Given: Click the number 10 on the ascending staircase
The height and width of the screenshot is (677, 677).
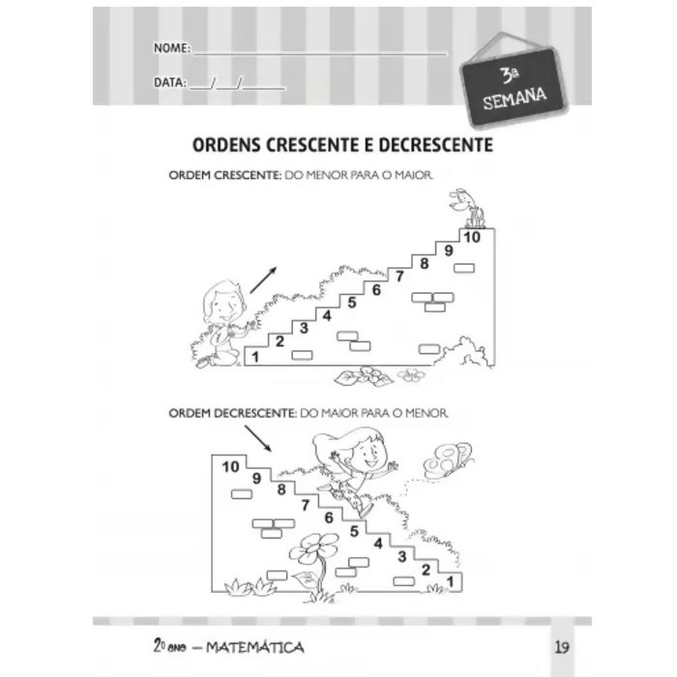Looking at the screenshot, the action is point(472,237).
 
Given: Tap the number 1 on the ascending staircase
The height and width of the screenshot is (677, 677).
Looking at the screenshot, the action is point(255,357).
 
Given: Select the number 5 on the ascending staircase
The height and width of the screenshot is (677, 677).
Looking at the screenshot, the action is point(352,303).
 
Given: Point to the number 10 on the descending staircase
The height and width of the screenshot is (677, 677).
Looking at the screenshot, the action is point(230,466).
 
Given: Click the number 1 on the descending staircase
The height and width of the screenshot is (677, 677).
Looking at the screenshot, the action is point(451,581).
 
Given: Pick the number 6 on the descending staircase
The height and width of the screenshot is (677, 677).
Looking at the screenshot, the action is point(329,517).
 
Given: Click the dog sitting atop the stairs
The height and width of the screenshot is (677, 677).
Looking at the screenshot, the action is point(467,208).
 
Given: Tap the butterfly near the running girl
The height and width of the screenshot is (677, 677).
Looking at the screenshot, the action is point(448,460).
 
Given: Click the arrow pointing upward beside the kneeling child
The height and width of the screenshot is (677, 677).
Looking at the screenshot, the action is point(263,280).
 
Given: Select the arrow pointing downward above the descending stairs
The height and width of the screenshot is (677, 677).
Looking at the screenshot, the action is point(258,438).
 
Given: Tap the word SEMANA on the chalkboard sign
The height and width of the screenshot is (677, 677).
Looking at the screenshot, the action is point(515,99).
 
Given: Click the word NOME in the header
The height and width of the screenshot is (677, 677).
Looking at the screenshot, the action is point(170,47).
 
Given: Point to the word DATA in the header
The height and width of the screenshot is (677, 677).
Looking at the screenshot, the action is point(169,82).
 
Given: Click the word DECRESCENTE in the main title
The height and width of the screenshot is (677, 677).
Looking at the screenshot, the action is point(435,145).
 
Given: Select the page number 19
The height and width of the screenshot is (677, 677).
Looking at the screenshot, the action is point(562,647).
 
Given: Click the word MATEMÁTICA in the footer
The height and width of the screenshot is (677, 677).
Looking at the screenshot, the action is point(254,647).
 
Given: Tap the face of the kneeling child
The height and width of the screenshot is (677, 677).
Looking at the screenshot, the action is point(225,307).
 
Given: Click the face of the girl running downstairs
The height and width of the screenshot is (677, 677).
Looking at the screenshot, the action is point(368,456).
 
